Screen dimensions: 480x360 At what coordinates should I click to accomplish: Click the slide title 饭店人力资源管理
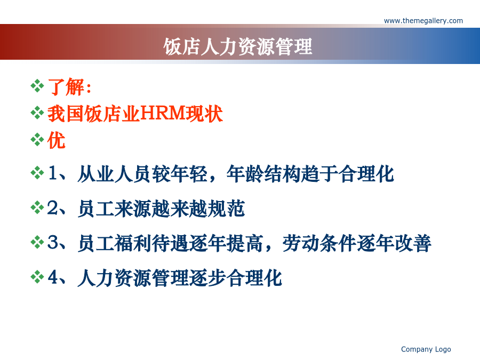(238, 47)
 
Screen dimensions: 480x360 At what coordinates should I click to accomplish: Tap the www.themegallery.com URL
(423, 21)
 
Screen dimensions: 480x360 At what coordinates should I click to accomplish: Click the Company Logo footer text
(426, 349)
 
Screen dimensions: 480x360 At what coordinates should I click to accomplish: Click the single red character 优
(57, 140)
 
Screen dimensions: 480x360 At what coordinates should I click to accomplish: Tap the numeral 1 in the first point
(53, 173)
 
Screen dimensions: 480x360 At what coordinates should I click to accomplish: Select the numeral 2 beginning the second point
(52, 208)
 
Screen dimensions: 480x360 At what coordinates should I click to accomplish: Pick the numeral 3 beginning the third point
(53, 243)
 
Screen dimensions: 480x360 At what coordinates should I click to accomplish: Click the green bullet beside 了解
(37, 86)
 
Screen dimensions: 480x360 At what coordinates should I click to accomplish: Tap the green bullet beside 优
(37, 140)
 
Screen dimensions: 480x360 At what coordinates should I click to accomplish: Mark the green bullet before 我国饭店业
(37, 113)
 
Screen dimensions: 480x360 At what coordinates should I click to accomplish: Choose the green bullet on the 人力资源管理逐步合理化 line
(37, 277)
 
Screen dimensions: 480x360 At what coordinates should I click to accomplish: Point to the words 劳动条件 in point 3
(319, 243)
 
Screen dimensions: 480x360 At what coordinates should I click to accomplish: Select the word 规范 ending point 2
(226, 209)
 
